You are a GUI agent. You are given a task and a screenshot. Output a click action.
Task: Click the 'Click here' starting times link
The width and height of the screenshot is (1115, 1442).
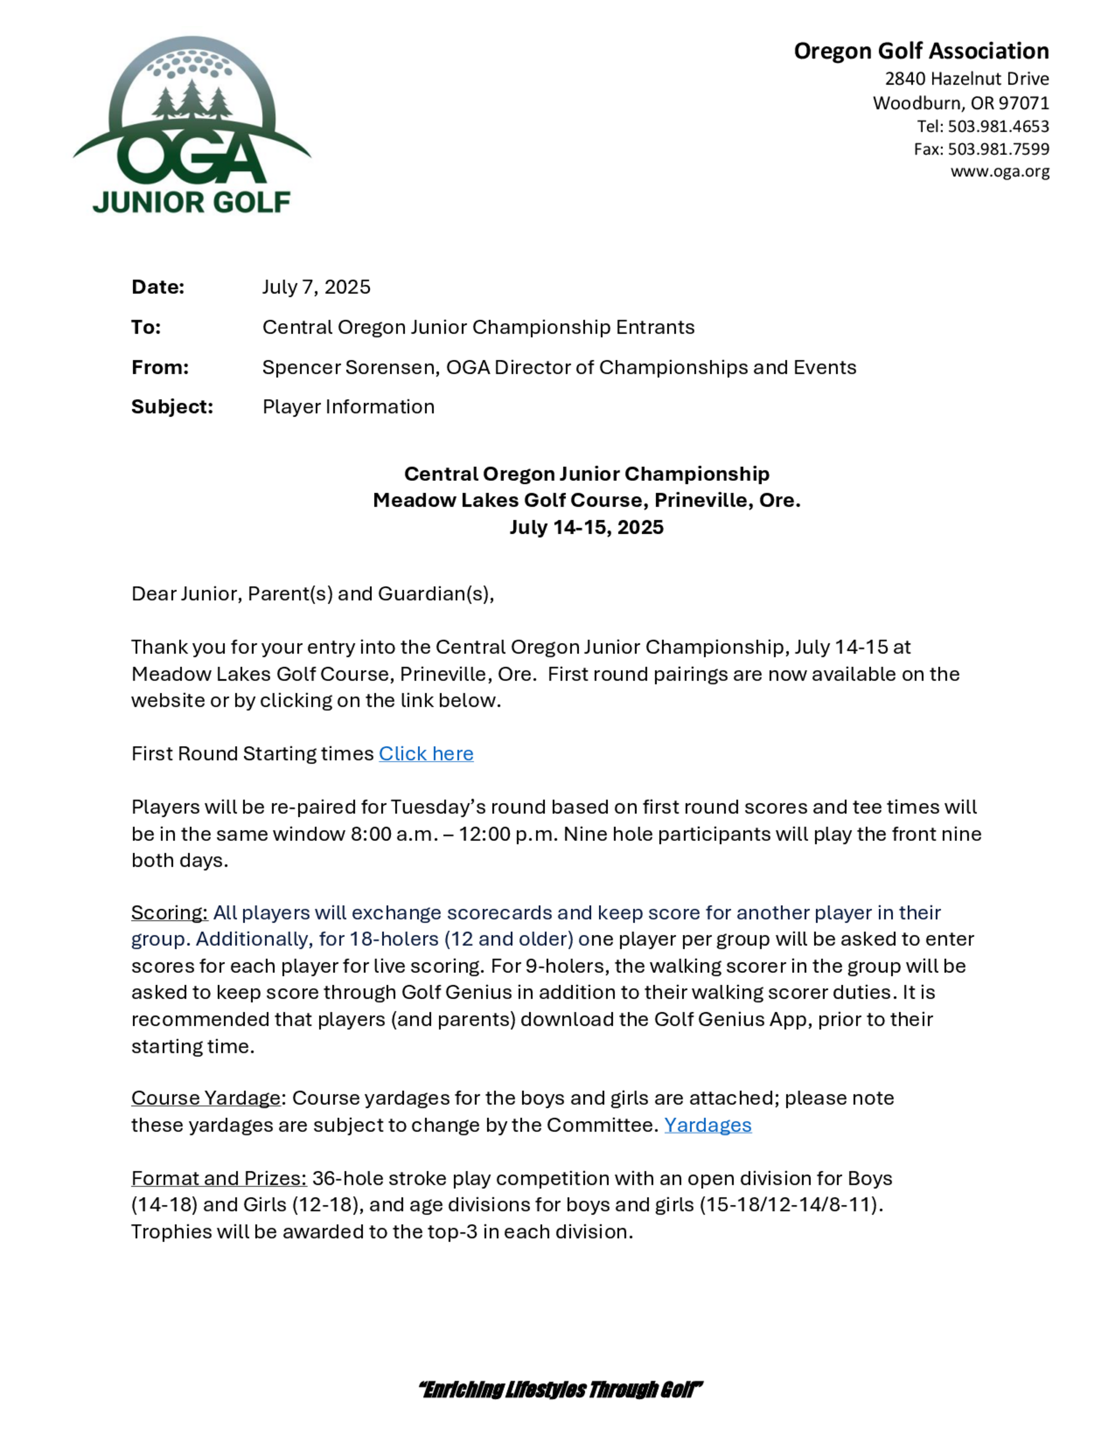click(425, 753)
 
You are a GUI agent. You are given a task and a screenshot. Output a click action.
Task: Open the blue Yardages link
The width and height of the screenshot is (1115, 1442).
click(707, 1125)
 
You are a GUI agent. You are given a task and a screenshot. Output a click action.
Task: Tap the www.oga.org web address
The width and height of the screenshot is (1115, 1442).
click(1000, 172)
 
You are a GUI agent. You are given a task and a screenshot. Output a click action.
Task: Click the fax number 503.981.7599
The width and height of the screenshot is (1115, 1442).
click(998, 149)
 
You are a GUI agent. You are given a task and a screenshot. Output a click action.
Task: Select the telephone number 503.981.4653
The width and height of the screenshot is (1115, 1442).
click(998, 126)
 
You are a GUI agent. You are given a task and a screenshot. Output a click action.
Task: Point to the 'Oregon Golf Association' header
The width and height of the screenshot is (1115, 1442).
click(921, 51)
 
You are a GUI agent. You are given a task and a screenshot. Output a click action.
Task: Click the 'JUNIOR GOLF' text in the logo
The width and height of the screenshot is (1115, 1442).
click(192, 202)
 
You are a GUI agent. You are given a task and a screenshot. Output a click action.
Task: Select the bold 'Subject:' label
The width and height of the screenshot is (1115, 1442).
click(172, 407)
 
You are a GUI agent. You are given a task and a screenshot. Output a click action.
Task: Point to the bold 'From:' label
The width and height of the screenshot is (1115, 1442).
click(160, 367)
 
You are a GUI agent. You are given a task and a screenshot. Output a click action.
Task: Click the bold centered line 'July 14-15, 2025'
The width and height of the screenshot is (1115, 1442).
click(586, 528)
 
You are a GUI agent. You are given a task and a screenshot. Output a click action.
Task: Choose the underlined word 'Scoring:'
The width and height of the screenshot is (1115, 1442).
click(169, 913)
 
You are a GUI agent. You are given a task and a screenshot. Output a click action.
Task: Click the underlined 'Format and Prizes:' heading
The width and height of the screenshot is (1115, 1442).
click(219, 1178)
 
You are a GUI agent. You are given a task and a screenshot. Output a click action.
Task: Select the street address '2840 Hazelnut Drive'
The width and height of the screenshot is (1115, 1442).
click(966, 79)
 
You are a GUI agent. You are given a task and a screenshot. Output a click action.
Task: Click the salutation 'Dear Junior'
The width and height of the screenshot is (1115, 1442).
click(185, 594)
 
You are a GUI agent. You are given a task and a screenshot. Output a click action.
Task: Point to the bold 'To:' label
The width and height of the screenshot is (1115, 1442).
click(146, 328)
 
